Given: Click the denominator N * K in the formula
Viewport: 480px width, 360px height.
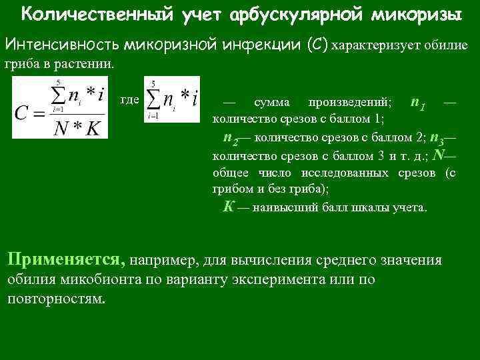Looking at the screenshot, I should pyautogui.click(x=80, y=129).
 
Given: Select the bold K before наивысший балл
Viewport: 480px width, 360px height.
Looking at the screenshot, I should pyautogui.click(x=228, y=206).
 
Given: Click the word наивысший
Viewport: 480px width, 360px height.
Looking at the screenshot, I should pyautogui.click(x=285, y=207).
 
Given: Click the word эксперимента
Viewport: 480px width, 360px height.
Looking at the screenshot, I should pyautogui.click(x=312, y=279).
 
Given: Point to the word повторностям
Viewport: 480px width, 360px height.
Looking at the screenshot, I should pyautogui.click(x=56, y=297).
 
